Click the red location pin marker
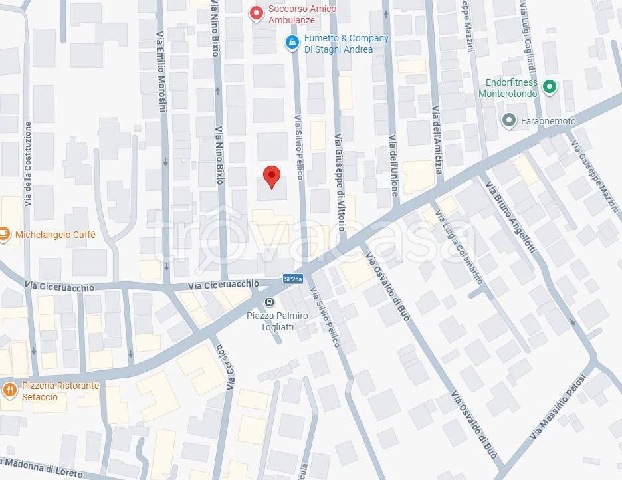[x=271, y=176]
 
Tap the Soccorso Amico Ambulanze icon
[x=256, y=13]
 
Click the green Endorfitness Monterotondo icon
[x=549, y=86]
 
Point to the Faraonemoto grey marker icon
[x=509, y=120]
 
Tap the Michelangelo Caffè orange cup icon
[x=4, y=234]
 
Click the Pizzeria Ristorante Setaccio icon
[x=9, y=390]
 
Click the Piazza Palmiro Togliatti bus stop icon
[x=269, y=302]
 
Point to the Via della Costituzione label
[x=28, y=164]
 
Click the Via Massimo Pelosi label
[x=562, y=405]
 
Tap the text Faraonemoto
[x=548, y=121]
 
